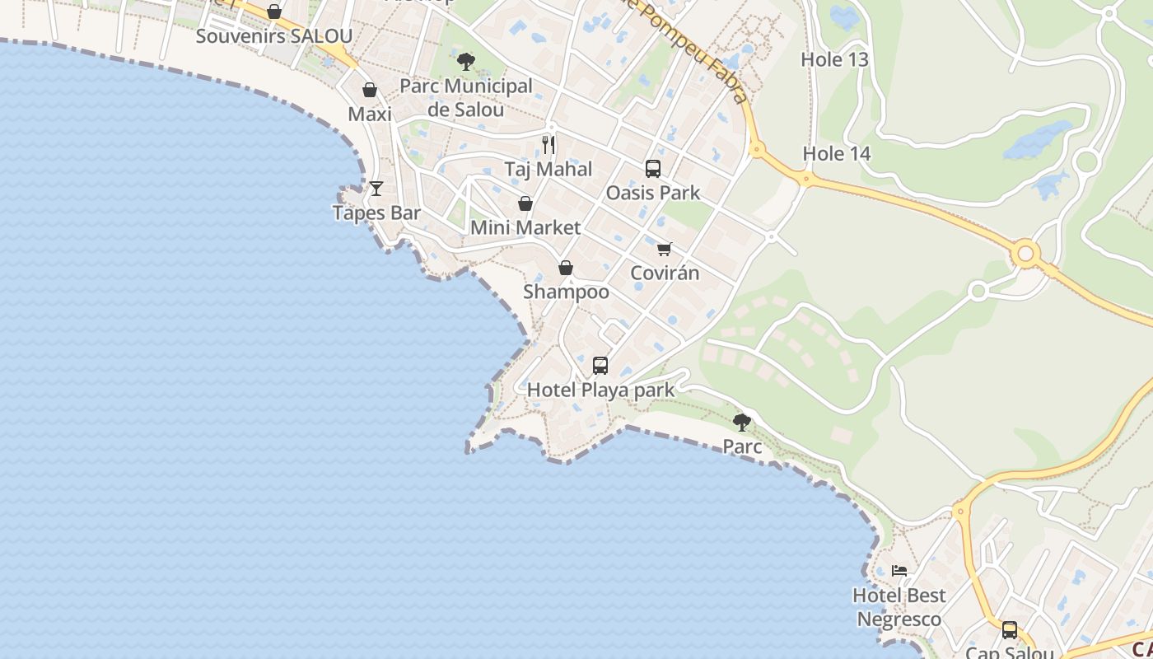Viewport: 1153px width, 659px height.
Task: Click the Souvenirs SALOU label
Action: (x=274, y=36)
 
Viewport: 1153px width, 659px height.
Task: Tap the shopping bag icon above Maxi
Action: (x=370, y=90)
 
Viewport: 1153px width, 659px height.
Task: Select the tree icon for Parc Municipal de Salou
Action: (x=465, y=60)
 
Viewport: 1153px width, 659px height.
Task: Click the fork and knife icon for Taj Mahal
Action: (x=548, y=145)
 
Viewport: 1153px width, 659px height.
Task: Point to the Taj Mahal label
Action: (x=548, y=170)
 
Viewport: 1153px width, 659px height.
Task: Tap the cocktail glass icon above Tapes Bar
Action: (x=376, y=189)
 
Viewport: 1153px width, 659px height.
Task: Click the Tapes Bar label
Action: (x=376, y=213)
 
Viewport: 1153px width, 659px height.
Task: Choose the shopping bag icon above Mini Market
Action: (x=525, y=203)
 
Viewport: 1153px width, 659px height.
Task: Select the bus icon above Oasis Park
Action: (x=653, y=169)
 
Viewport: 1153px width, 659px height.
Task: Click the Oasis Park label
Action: (x=653, y=193)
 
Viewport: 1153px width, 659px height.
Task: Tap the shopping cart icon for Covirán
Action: (x=665, y=249)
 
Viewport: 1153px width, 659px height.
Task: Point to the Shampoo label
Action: (x=567, y=292)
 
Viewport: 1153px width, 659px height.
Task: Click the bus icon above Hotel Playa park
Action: (x=600, y=365)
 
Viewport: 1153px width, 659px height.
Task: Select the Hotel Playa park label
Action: (x=600, y=390)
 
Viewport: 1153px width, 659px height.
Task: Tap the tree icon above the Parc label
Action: (x=742, y=423)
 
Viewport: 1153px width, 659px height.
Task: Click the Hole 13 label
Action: (x=835, y=59)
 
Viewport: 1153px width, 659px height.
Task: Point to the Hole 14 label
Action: (x=837, y=154)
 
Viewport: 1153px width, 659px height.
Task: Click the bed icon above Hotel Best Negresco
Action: (x=899, y=570)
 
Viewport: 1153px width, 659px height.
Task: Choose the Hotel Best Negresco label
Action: (x=899, y=607)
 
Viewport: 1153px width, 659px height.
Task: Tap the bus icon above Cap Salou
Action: (x=1010, y=630)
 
